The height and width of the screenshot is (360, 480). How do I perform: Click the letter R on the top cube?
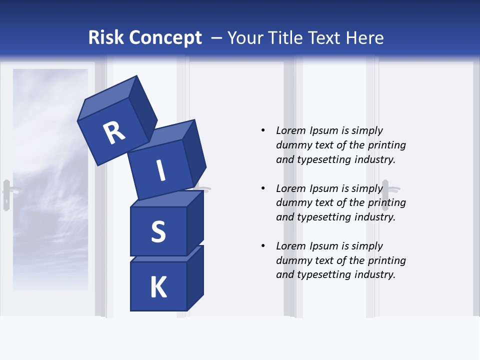[x=114, y=133]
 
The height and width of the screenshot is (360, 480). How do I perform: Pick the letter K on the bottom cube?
[x=158, y=287]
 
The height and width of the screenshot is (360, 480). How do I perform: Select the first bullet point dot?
[x=263, y=130]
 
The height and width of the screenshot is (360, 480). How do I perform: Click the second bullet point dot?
[x=263, y=188]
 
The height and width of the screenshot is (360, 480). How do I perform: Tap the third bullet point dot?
[x=263, y=246]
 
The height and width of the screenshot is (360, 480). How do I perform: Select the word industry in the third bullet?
[x=375, y=274]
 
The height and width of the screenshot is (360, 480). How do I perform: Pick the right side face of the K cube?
[x=195, y=277]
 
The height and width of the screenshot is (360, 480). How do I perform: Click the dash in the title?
[x=217, y=38]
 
